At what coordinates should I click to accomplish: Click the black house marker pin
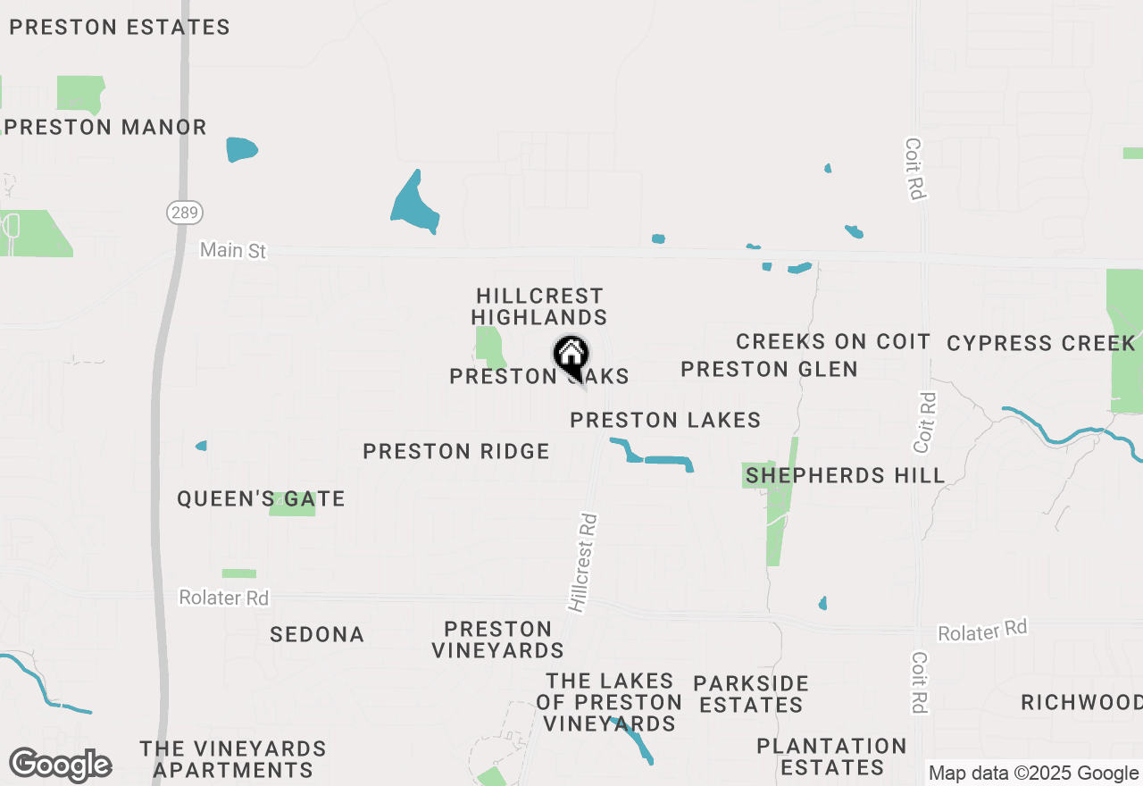tap(571, 357)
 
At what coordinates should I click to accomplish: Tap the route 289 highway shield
tap(185, 213)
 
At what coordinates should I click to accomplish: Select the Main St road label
tap(233, 250)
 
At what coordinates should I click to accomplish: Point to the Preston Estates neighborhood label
tap(120, 28)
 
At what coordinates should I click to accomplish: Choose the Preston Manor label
tap(106, 128)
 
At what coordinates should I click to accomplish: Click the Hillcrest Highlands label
tap(539, 306)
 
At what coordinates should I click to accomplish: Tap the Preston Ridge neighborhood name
tap(456, 452)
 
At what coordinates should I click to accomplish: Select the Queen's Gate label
tap(261, 499)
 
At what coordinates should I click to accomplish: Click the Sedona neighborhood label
tap(317, 635)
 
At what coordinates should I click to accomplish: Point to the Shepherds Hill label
tap(845, 475)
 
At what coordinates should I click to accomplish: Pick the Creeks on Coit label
tap(833, 341)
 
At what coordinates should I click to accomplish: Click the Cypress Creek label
tap(1041, 344)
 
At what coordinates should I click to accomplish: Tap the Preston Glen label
tap(769, 369)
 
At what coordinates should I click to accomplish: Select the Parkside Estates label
tap(751, 694)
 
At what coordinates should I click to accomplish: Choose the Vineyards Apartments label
tap(233, 759)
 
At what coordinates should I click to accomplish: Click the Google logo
tap(60, 765)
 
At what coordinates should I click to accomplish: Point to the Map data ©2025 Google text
tap(1033, 773)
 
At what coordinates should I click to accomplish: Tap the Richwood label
tap(1081, 702)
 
